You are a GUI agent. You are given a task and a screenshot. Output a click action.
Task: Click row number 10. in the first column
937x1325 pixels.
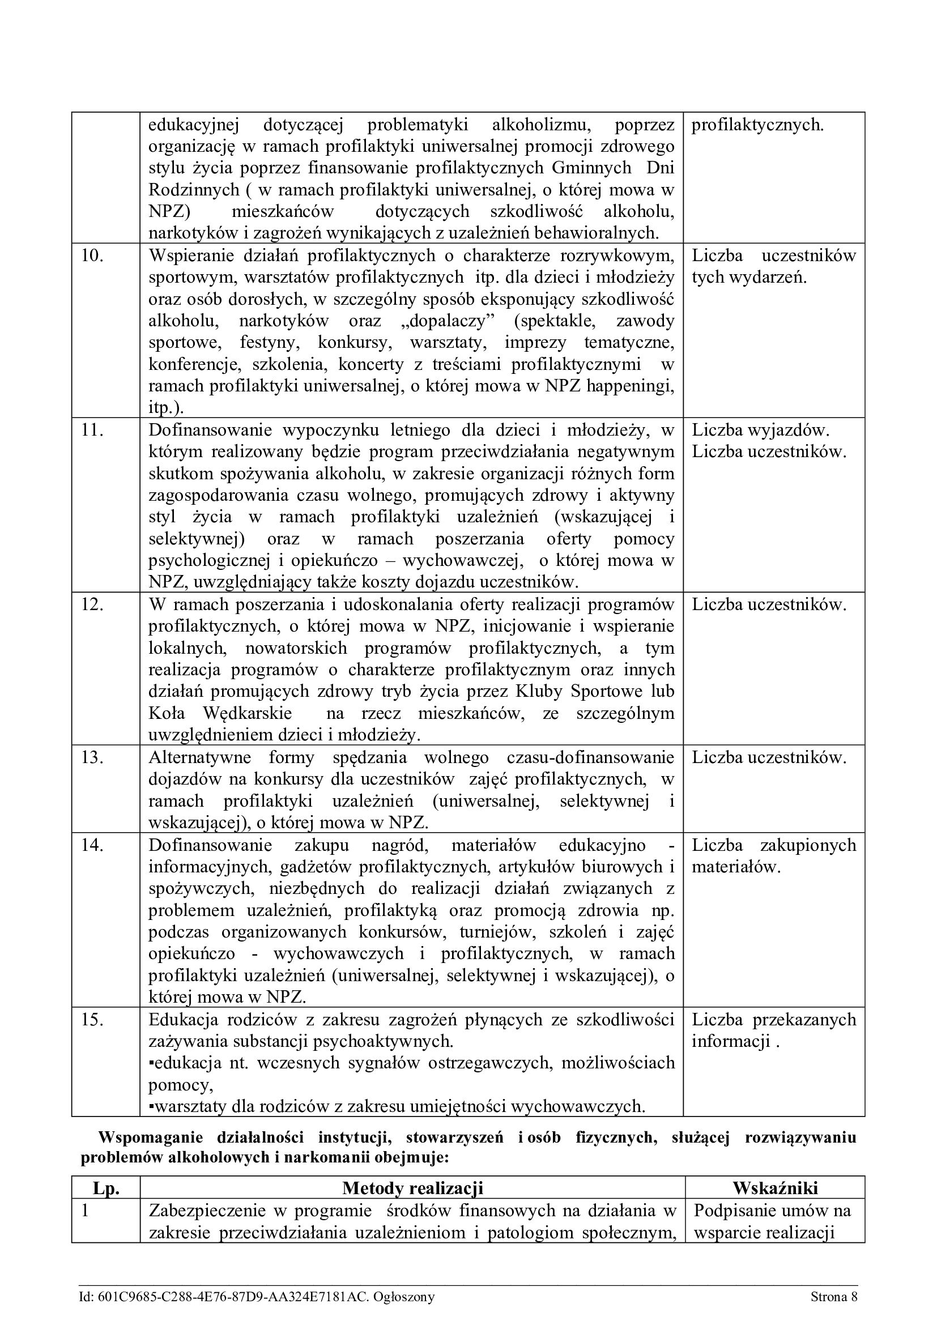coord(92,255)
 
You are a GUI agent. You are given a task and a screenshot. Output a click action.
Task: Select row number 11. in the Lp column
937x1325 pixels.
coord(92,431)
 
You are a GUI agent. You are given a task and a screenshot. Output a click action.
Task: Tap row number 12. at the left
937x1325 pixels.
coord(92,605)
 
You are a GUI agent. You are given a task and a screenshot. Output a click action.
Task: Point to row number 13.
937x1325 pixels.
coord(92,758)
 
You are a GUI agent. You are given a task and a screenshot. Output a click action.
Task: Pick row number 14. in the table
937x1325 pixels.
coord(92,845)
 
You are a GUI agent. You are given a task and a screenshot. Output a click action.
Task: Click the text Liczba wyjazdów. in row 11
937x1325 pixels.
coord(760,431)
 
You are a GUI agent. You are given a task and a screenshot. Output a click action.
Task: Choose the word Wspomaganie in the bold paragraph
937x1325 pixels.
coord(150,1137)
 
